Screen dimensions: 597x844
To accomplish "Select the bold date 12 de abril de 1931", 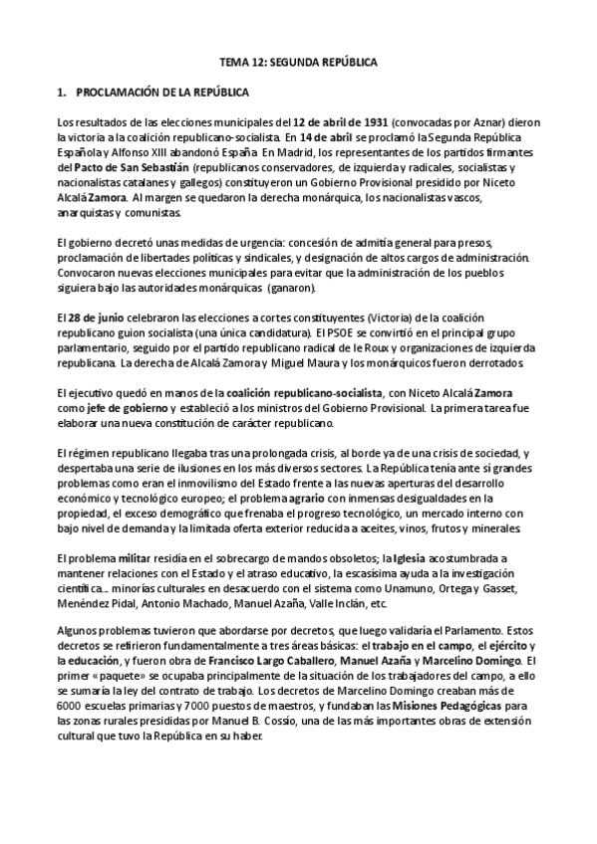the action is point(342,122).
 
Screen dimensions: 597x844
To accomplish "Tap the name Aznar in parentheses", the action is point(480,122).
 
